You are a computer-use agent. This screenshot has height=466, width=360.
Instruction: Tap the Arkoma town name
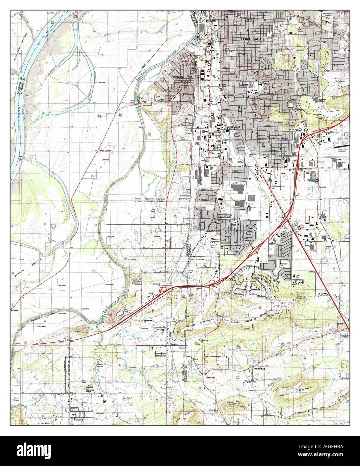click(178, 77)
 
